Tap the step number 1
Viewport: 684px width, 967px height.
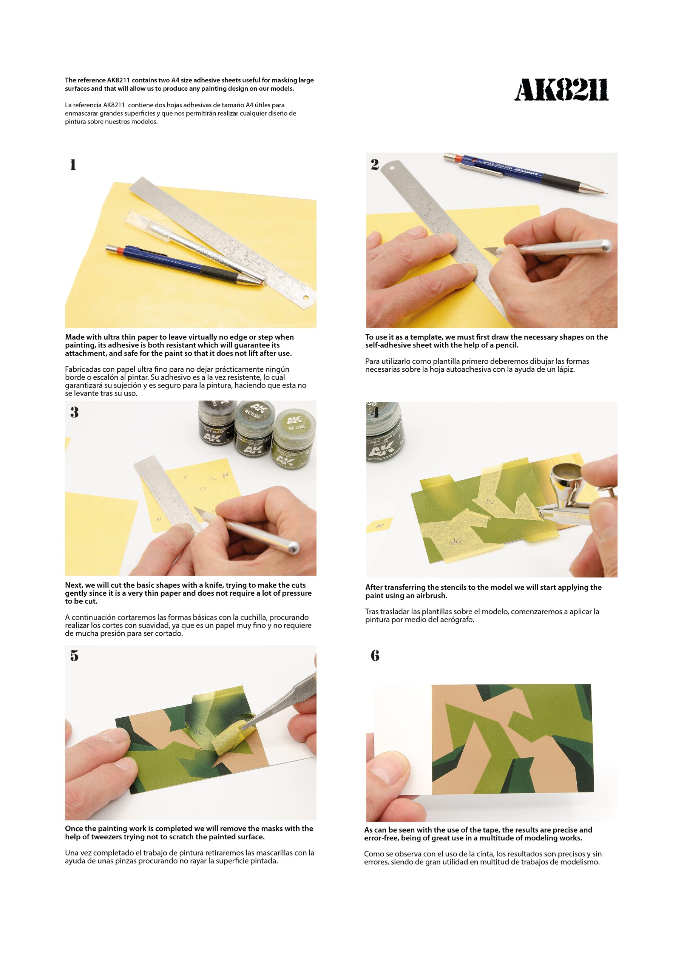point(73,165)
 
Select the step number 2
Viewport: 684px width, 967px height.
point(374,164)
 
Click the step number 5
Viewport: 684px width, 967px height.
point(74,655)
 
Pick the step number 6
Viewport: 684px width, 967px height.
point(375,655)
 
